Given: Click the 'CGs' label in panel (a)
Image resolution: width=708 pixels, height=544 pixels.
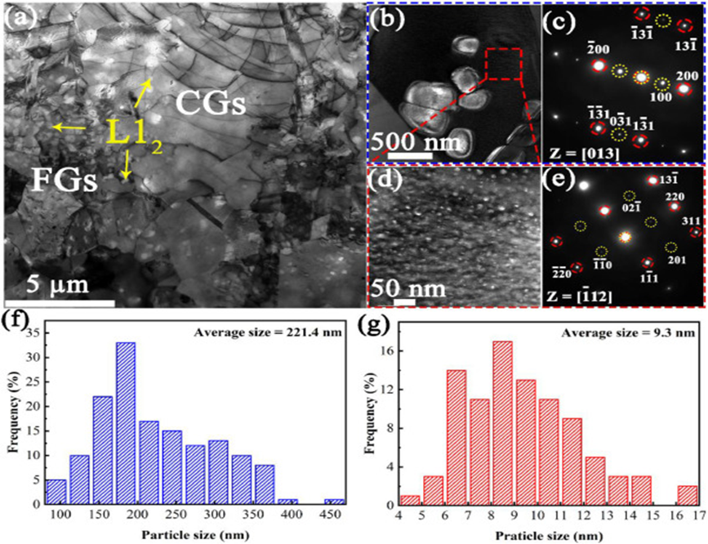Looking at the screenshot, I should pyautogui.click(x=212, y=105).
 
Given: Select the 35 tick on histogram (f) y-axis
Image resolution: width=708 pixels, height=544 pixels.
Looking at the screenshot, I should pyautogui.click(x=35, y=332).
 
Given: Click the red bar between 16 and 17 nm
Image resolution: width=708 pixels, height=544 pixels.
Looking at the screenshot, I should pyautogui.click(x=688, y=497).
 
